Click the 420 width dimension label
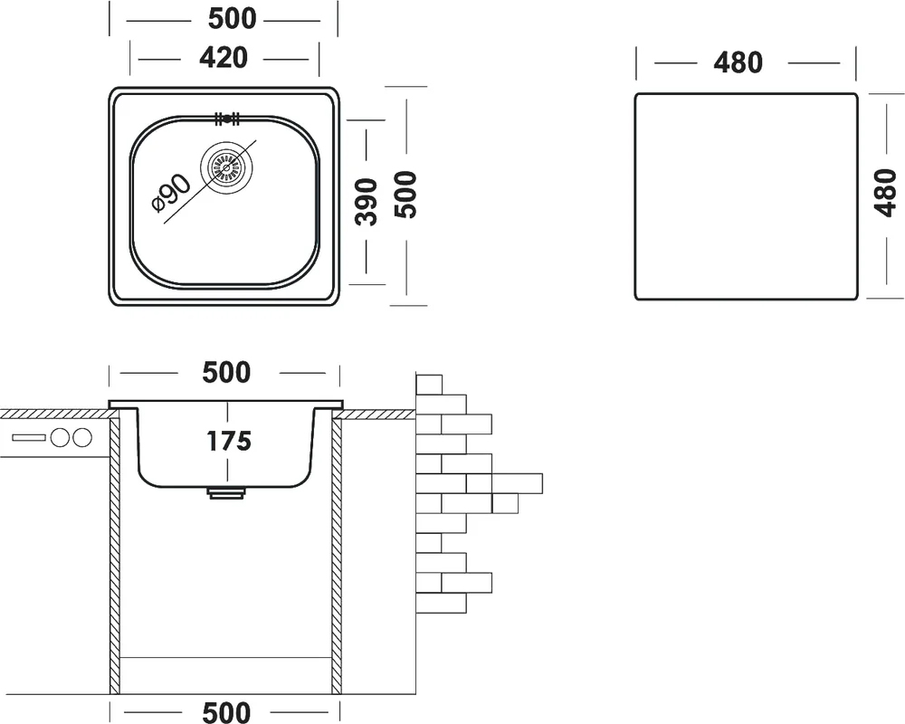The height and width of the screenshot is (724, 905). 223,58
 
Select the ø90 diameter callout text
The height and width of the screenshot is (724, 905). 172,192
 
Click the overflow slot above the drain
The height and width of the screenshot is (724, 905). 225,118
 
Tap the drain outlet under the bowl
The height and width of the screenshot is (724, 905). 225,492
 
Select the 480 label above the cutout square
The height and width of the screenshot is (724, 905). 738,62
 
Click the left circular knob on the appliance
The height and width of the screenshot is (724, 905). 62,438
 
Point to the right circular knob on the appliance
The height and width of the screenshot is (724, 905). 82,438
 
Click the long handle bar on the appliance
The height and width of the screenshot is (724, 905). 30,438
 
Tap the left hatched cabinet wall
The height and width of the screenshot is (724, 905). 115,552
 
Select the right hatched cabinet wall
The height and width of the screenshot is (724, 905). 335,552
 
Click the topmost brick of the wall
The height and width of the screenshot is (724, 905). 428,384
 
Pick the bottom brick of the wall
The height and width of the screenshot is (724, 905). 441,602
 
